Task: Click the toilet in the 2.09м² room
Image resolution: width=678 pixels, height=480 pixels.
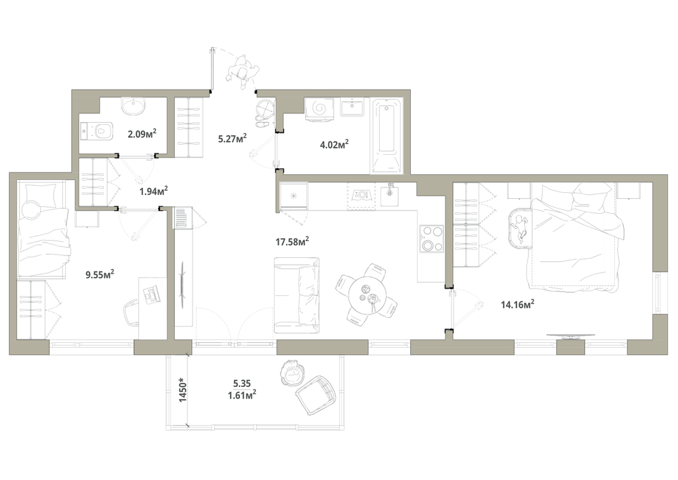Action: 97,131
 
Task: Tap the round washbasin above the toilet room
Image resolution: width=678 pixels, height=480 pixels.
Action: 133,106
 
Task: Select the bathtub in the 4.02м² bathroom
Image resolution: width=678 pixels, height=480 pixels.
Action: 387,136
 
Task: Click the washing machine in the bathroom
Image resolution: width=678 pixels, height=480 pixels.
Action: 321,108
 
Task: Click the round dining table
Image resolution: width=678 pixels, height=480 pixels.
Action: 367,293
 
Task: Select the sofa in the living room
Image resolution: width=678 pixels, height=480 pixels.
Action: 297,295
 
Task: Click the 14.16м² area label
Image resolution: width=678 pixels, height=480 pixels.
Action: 517,305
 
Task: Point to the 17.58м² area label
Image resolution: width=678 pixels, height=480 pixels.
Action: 292,242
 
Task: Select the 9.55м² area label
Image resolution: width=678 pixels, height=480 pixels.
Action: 100,274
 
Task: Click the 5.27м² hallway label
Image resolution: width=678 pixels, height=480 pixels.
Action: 232,139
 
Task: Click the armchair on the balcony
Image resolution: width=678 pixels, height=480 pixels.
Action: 315,394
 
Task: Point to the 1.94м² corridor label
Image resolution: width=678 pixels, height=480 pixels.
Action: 153,191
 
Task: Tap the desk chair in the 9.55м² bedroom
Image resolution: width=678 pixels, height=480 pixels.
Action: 132,314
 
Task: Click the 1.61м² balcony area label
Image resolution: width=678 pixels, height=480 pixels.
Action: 242,394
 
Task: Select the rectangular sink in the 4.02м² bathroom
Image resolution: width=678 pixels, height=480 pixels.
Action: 352,107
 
